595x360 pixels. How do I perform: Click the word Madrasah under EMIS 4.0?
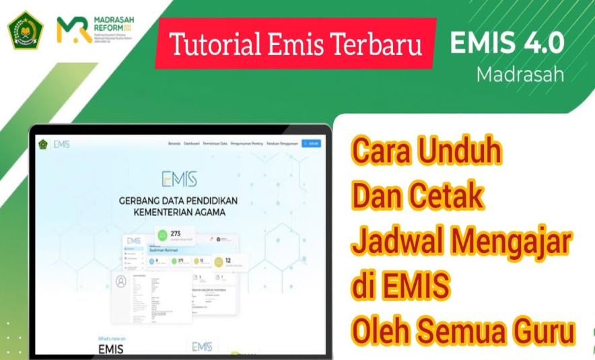pos(520,74)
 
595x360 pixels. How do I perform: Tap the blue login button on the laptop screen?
pos(311,143)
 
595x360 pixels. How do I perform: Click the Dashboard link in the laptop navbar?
pos(192,144)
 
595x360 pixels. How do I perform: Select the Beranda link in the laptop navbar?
pos(174,144)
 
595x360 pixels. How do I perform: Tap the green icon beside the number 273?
pos(161,236)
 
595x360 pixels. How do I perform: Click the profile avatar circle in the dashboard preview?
pos(121,281)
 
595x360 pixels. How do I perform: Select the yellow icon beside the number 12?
pos(197,260)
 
